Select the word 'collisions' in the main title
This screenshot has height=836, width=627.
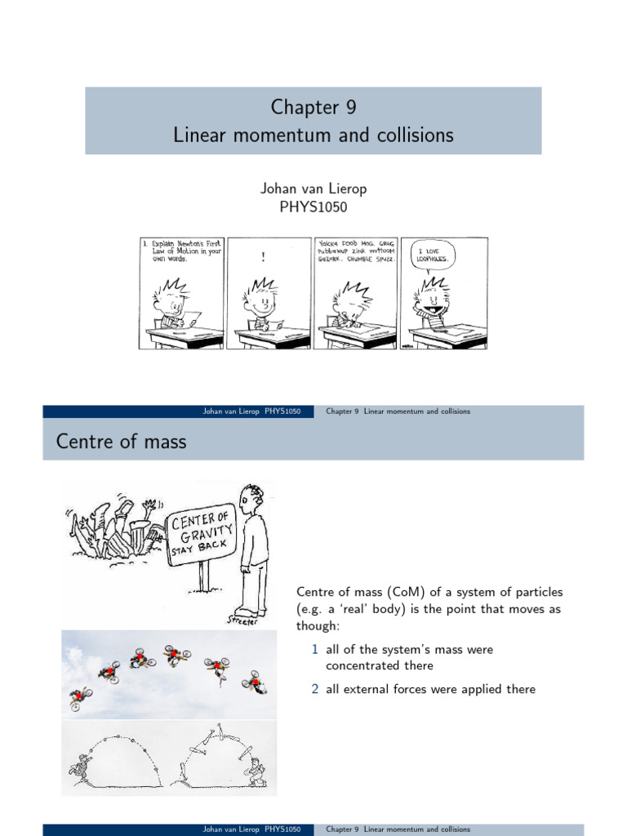[x=415, y=136]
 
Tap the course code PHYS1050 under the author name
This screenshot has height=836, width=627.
[x=313, y=207]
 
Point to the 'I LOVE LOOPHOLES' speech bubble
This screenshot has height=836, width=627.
[x=429, y=254]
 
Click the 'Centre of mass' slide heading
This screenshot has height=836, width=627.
[x=121, y=442]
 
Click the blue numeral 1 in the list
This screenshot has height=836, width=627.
[x=314, y=650]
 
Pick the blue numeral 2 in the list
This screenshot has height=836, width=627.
[x=314, y=689]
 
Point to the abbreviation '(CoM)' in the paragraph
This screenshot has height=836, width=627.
[x=389, y=592]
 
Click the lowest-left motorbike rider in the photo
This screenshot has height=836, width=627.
[x=79, y=697]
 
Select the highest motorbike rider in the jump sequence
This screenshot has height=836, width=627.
[x=175, y=654]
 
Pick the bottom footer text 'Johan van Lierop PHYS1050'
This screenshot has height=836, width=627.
[x=251, y=829]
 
